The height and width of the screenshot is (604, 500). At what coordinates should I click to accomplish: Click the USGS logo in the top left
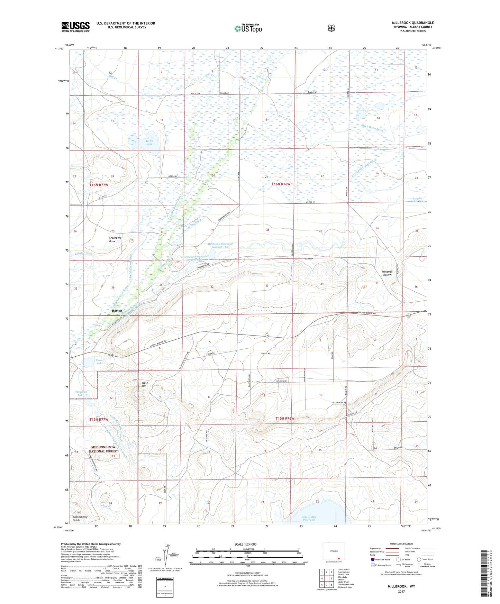(x=75, y=27)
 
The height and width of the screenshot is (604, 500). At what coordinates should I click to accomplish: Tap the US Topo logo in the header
(x=247, y=28)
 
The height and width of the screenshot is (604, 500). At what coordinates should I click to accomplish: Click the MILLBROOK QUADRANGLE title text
(x=410, y=23)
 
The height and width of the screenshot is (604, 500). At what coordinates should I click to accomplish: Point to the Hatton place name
(x=117, y=311)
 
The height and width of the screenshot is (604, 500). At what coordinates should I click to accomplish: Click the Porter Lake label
(x=100, y=362)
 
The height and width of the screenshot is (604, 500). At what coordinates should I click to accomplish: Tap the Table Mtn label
(x=144, y=384)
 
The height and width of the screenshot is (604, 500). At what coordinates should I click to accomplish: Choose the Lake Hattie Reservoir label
(x=309, y=518)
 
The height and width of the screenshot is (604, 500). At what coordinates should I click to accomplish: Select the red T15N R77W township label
(x=99, y=419)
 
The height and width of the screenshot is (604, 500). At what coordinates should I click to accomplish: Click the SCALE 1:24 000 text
(x=245, y=544)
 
